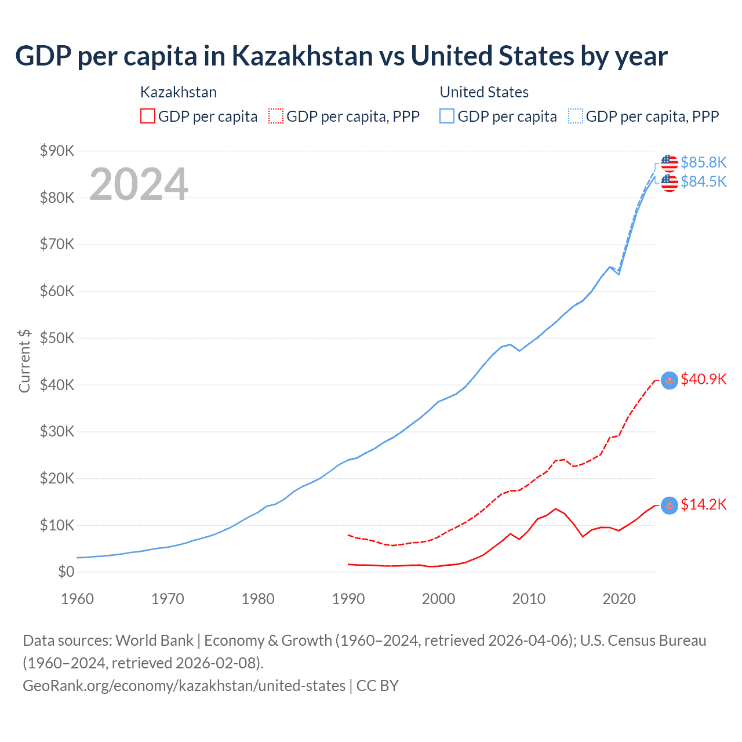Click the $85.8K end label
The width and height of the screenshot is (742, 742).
point(703,162)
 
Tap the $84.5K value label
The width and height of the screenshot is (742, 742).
point(703,182)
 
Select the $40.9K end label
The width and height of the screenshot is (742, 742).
point(703,379)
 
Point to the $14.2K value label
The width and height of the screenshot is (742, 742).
point(703,505)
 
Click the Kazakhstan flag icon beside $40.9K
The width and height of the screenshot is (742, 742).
point(670,380)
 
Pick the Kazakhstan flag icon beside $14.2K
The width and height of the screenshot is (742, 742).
point(670,505)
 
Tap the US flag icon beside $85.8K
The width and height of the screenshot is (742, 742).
point(670,163)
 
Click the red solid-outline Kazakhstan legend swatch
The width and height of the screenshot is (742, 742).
point(148,116)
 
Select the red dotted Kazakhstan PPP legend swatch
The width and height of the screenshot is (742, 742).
point(276,116)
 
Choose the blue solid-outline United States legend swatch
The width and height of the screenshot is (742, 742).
point(447,116)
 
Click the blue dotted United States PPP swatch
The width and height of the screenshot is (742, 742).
point(576,116)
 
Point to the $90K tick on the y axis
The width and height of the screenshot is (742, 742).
point(57,151)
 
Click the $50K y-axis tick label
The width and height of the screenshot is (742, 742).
point(57,339)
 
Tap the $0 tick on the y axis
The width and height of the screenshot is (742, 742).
point(66,572)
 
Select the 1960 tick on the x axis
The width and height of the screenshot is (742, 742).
point(77,599)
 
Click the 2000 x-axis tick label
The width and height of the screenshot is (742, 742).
point(438,599)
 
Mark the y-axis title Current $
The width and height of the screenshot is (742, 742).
point(24,361)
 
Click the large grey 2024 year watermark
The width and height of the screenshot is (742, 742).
point(139,184)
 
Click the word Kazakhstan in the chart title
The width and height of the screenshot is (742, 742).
point(302,56)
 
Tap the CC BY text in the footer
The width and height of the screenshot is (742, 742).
point(377,686)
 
